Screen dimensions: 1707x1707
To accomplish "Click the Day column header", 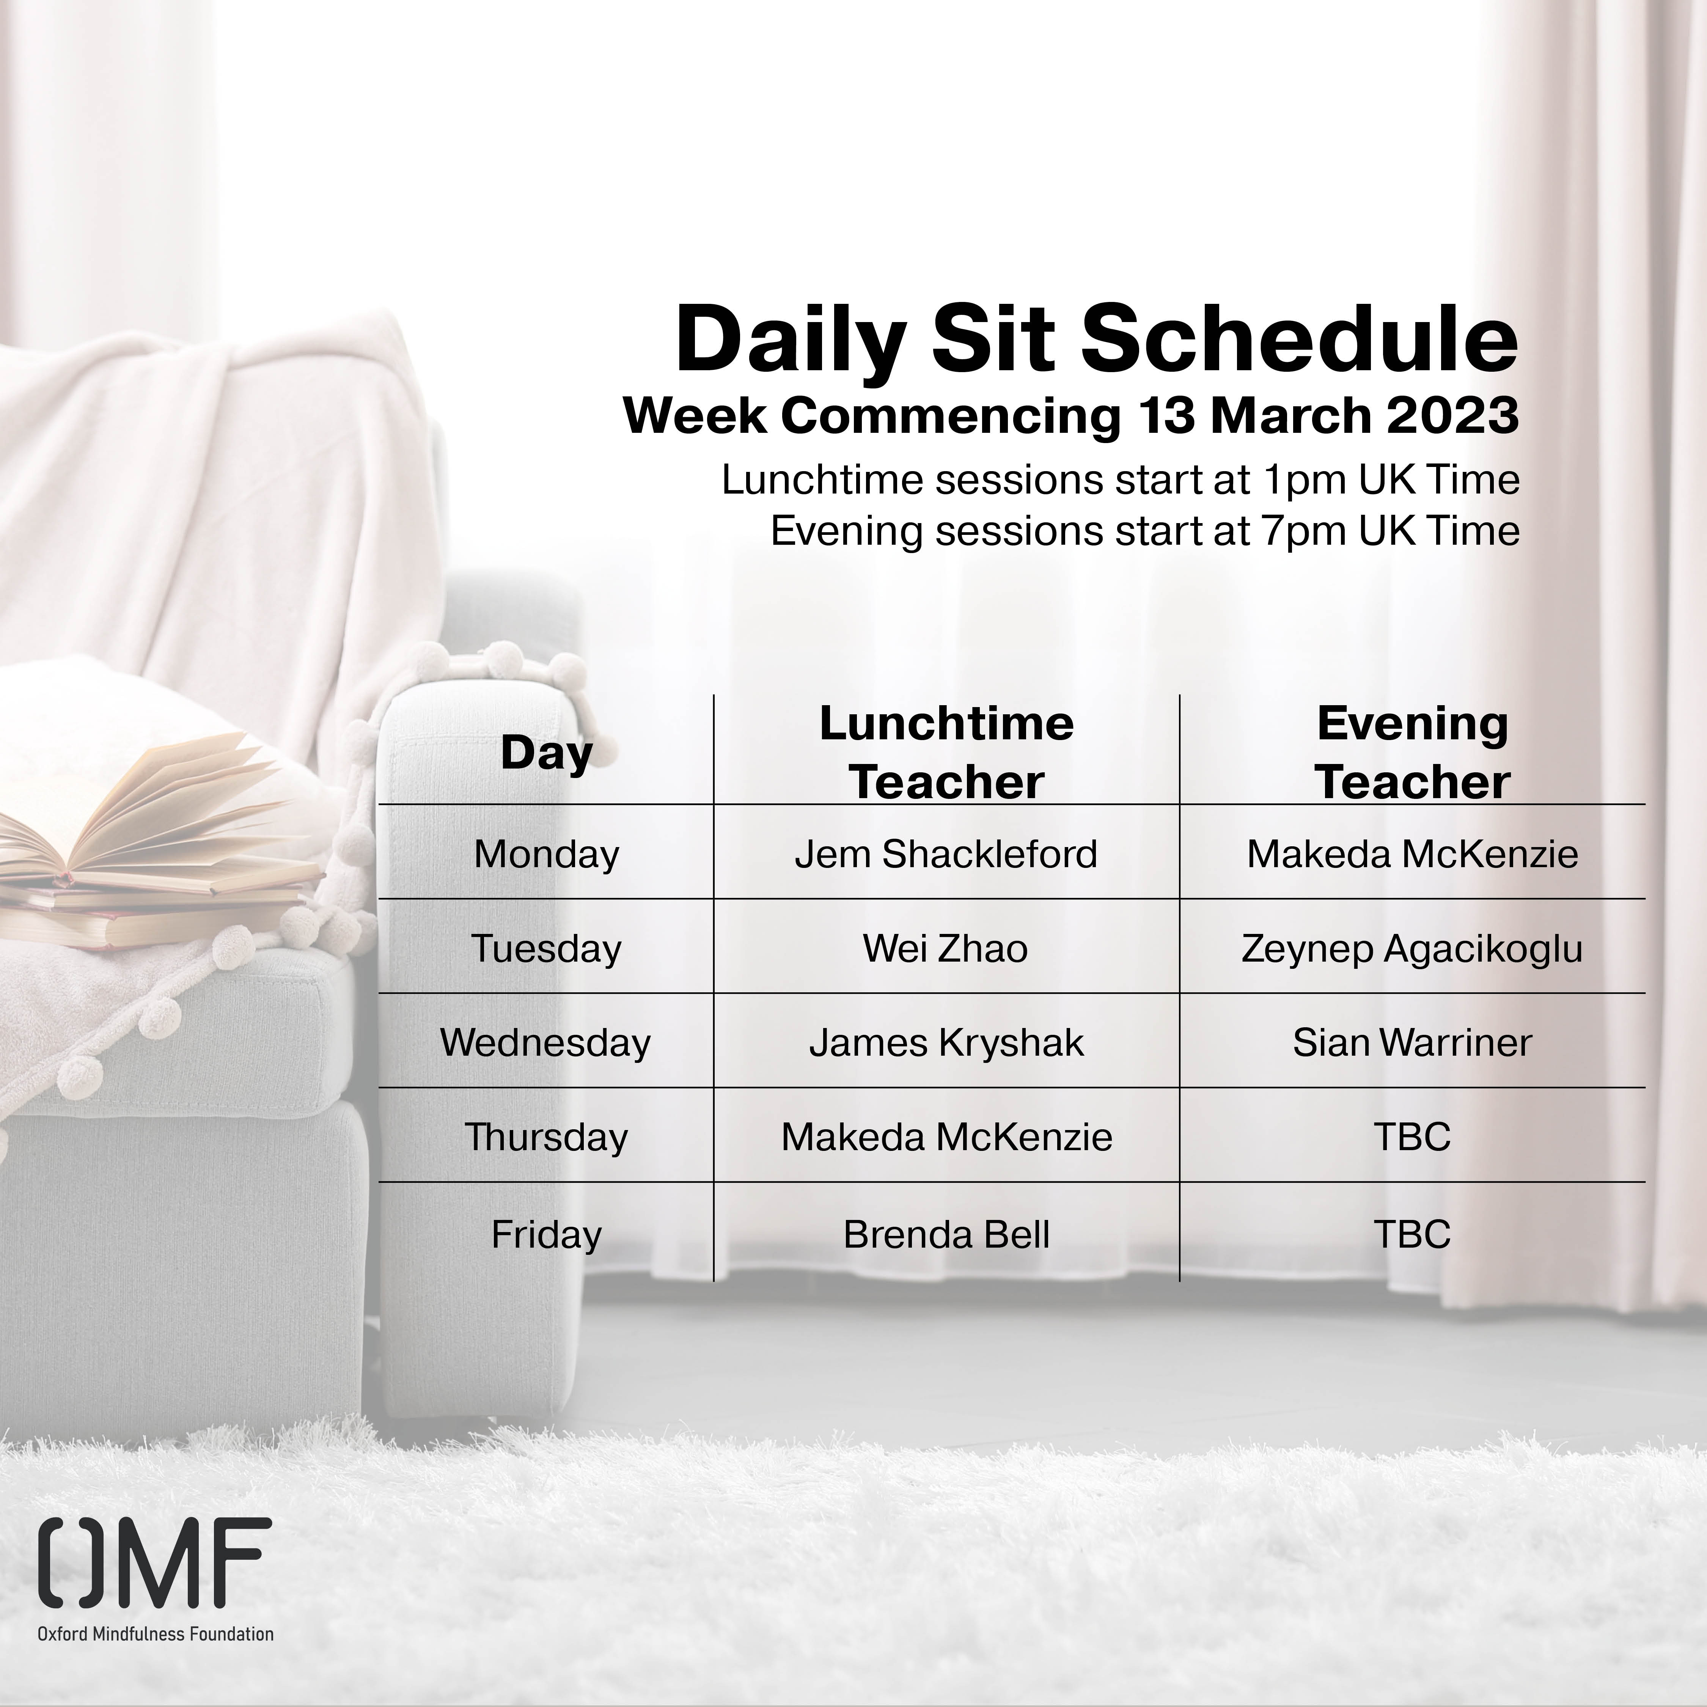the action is (546, 754).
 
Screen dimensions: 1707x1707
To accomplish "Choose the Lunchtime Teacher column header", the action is (946, 753).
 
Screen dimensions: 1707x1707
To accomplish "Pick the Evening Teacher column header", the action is (1412, 753).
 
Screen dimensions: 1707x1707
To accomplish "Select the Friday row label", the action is (546, 1234).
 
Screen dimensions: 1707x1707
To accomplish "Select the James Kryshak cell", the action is (946, 1042).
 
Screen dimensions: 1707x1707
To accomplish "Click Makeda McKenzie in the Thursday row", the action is (946, 1137).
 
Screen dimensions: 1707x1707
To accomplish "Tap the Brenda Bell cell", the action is (946, 1234).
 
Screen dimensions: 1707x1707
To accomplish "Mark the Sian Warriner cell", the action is (1412, 1042).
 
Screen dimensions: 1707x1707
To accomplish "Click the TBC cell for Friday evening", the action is (1412, 1234).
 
